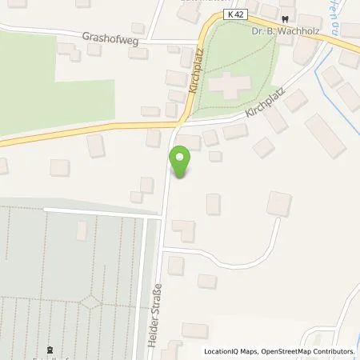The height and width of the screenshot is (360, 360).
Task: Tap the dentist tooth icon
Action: (x=286, y=16)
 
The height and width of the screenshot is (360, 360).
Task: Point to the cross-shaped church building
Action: (x=230, y=86)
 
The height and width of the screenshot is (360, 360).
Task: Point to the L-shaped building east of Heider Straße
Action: (x=183, y=230)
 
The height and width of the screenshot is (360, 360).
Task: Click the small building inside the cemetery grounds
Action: (x=82, y=230)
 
